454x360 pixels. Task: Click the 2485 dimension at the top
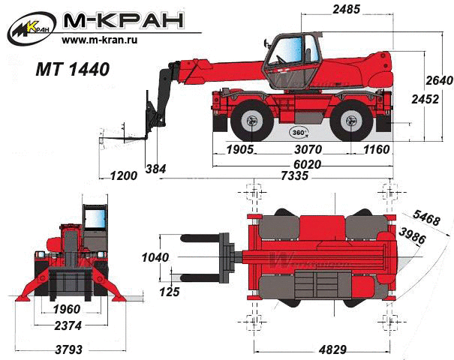tap(346, 10)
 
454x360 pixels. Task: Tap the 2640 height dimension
tap(439, 80)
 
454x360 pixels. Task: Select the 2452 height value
tap(425, 99)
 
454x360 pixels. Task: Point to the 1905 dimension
tap(239, 149)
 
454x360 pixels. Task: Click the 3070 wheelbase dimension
tap(308, 149)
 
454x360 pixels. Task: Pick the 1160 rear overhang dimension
tap(377, 149)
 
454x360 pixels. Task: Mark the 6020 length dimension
tap(307, 165)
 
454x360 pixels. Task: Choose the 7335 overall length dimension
tap(295, 175)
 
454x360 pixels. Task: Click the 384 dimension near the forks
tap(156, 169)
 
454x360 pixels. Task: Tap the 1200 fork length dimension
tap(124, 175)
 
